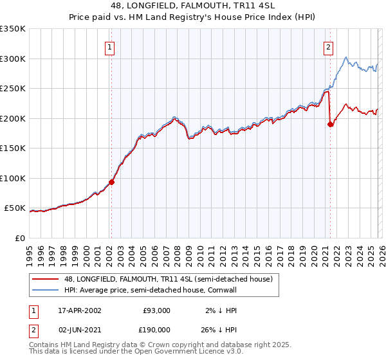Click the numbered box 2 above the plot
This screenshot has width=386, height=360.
coord(329,46)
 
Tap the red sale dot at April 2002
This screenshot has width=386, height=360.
coord(111,182)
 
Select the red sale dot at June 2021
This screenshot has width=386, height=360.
coord(331,124)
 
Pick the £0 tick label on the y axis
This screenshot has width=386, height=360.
coord(19,238)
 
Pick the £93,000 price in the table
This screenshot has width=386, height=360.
coord(154,310)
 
